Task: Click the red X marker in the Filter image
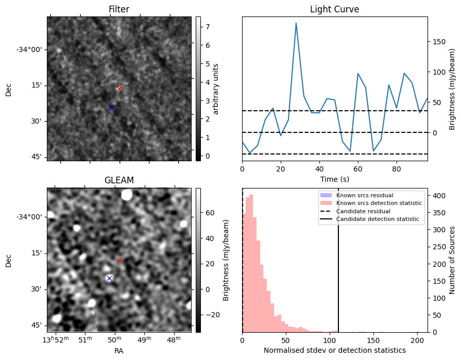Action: pos(119,89)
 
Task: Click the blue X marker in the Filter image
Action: pos(111,107)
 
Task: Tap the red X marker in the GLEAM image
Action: pos(119,261)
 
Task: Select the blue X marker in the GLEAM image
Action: pos(109,278)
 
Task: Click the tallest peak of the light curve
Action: pos(296,23)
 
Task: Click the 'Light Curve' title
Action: pos(334,9)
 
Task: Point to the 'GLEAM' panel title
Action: pos(119,180)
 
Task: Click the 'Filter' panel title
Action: pos(119,9)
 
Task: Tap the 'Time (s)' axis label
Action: pos(334,178)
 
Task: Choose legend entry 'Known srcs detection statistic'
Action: pos(379,203)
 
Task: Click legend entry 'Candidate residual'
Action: pos(363,211)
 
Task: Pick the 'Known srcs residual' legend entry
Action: pos(365,195)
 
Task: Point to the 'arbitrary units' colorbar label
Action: pos(216,89)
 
